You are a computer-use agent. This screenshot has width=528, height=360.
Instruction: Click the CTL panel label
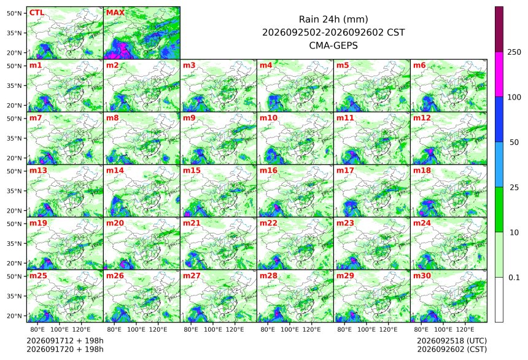[x=37, y=13]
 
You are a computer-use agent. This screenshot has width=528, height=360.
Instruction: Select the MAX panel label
[x=115, y=13]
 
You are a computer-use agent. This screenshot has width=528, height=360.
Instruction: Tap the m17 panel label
[x=345, y=171]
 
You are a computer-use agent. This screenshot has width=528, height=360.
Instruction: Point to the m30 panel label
[x=422, y=276]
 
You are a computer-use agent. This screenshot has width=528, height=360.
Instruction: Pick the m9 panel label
[x=190, y=118]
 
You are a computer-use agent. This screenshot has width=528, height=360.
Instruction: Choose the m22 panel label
[x=268, y=223]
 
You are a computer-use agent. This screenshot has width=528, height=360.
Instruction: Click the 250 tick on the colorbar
[x=514, y=52]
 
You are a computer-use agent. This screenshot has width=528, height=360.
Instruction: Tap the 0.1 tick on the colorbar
[x=514, y=278]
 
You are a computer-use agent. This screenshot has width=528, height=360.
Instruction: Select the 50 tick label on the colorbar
[x=514, y=143]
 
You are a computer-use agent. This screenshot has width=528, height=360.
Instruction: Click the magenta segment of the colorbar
[x=499, y=74]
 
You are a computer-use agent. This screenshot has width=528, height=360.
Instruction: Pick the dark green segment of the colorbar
[x=499, y=209]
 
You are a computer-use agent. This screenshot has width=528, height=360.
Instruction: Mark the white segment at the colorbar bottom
[x=499, y=300]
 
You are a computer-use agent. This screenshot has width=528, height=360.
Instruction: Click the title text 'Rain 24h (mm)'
[x=333, y=20]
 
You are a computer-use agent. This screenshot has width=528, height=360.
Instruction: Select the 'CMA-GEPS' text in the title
[x=333, y=45]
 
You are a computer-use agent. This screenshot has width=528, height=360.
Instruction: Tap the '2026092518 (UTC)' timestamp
[x=452, y=341]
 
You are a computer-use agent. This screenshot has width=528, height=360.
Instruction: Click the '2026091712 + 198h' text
[x=65, y=341]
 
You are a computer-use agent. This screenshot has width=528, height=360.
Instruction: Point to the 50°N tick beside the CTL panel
[x=14, y=13]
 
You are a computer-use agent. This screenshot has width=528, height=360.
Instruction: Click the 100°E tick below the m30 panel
[x=443, y=329]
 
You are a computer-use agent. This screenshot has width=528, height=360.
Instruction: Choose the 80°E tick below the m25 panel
[x=37, y=329]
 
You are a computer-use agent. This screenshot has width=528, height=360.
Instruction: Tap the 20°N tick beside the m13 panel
[x=14, y=211]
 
